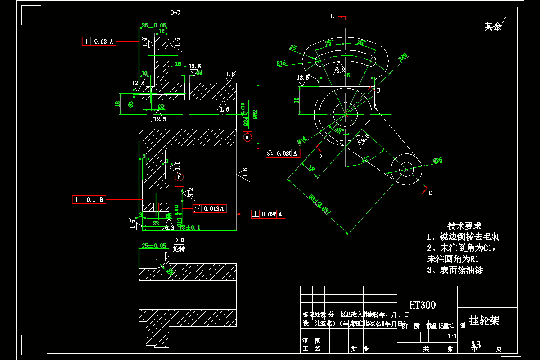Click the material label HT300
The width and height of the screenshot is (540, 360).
423,305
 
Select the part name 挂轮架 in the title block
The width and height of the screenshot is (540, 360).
484,320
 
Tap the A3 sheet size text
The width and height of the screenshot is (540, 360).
476,345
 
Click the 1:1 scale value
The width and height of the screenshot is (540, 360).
452,336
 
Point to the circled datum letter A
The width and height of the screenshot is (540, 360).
247,137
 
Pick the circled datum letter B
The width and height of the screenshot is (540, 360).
179,177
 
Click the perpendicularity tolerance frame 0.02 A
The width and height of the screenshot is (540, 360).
99,41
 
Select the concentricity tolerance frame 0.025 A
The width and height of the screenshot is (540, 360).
283,153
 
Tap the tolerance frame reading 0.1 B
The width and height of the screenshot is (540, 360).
89,199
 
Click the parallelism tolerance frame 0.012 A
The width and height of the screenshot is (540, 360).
209,208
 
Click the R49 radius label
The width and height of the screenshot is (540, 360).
403,57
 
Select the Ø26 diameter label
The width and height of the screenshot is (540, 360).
437,160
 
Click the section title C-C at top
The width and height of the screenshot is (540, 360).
175,13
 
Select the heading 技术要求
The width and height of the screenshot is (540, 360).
464,225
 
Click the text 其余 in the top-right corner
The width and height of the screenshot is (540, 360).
493,27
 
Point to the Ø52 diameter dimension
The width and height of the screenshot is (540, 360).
255,114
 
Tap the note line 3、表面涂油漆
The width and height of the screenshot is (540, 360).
455,270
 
